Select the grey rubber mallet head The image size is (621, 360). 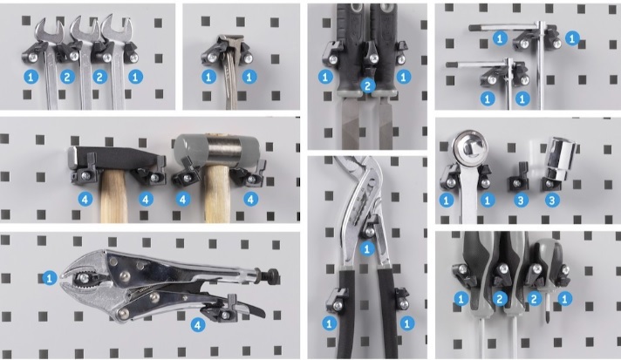point(216,151)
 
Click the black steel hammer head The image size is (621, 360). point(115,159)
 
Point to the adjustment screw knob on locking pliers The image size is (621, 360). point(273,274)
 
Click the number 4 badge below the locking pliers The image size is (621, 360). point(198,325)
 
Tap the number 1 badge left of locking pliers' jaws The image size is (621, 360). point(50,278)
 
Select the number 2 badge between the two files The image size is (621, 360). point(368,85)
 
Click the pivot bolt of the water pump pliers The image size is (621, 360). point(370,231)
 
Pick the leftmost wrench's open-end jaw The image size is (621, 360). point(49,30)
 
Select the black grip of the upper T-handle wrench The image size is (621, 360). point(481,28)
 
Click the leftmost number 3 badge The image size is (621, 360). point(521,200)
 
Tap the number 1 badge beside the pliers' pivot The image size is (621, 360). point(366,248)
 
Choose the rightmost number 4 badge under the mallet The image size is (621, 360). point(250,199)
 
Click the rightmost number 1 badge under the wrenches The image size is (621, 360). point(135,77)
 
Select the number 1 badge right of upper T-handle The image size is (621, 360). point(572,38)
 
